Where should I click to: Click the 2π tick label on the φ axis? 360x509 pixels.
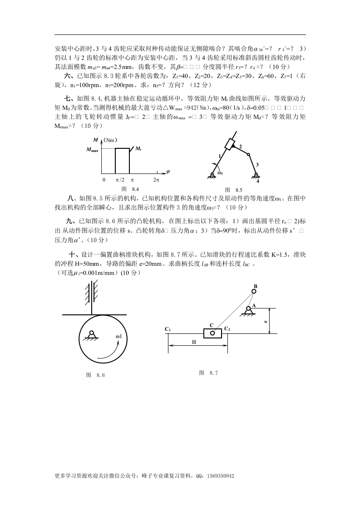click(157, 180)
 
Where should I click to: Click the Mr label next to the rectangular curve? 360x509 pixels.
click(138, 148)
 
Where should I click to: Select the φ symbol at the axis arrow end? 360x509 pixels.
click(168, 171)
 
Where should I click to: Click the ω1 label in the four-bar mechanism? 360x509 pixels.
click(220, 172)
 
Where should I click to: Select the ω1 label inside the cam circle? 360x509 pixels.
click(121, 336)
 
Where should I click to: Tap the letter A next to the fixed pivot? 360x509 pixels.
click(254, 305)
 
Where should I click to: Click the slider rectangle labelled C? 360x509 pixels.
click(212, 333)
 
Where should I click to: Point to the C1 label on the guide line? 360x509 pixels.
click(168, 329)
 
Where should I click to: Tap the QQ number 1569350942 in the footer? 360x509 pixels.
click(220, 476)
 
